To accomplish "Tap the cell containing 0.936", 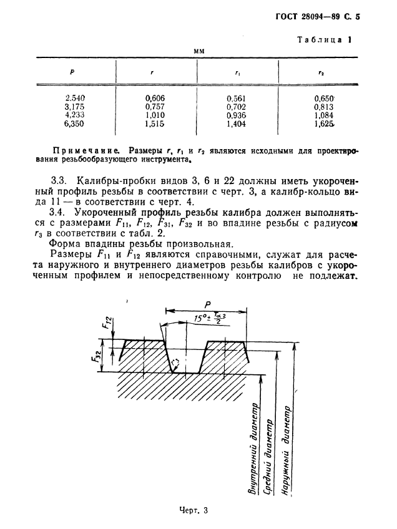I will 237,115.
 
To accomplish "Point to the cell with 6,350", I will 75,124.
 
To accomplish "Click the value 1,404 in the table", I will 237,124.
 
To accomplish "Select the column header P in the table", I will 72,72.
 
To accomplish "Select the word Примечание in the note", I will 88,150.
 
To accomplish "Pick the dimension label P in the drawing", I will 207,304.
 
